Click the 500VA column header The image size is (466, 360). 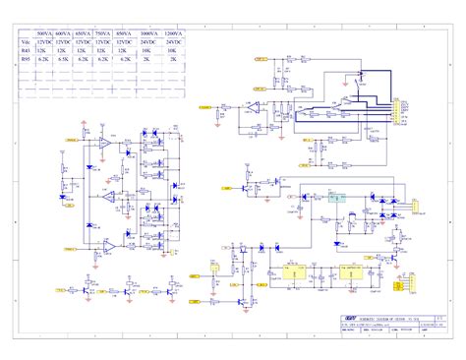[x=43, y=34]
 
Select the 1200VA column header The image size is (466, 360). [x=173, y=34]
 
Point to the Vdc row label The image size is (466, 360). [x=25, y=43]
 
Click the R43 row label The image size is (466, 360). [x=25, y=51]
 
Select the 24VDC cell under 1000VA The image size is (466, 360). [x=147, y=43]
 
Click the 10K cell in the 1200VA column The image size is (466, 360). [x=173, y=51]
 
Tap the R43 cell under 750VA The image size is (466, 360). [x=102, y=51]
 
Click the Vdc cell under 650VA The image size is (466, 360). [x=83, y=43]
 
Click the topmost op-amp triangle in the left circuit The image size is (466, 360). [x=104, y=143]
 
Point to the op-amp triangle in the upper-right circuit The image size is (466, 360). [x=253, y=106]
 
